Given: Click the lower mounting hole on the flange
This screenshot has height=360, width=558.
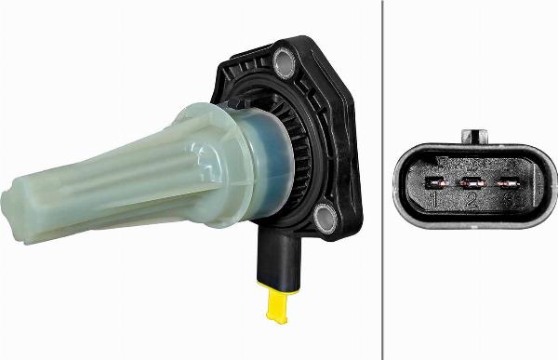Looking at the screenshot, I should pyautogui.click(x=325, y=219).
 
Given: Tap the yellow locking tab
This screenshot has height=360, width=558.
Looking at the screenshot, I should pyautogui.click(x=276, y=303).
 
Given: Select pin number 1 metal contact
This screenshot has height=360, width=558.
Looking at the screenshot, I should pyautogui.click(x=434, y=183).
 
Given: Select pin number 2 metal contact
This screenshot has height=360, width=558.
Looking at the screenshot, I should pyautogui.click(x=472, y=183).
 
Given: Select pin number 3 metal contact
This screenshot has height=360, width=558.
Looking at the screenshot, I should pyautogui.click(x=509, y=183).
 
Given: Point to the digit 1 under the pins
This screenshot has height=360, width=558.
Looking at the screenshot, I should pyautogui.click(x=433, y=200).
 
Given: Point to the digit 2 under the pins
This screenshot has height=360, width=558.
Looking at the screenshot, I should pyautogui.click(x=472, y=200).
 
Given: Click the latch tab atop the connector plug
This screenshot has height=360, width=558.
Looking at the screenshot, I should pyautogui.click(x=476, y=137).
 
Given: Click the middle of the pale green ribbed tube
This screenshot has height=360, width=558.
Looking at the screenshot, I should pyautogui.click(x=112, y=181).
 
